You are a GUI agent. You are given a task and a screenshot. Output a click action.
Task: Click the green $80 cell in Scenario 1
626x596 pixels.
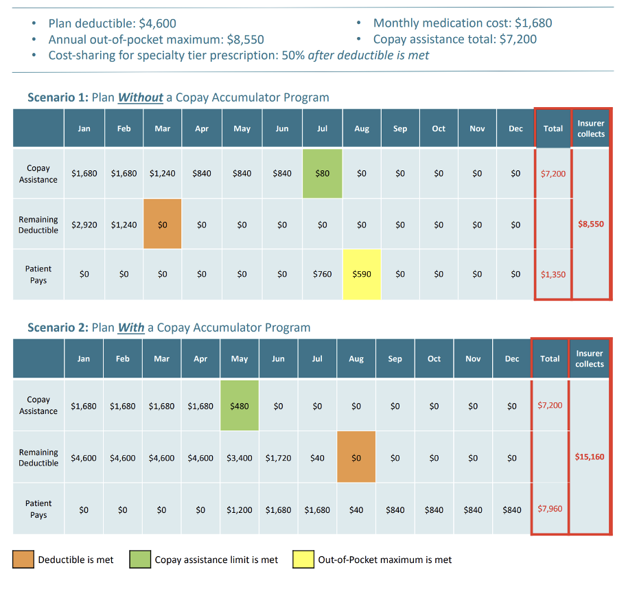pyautogui.click(x=322, y=174)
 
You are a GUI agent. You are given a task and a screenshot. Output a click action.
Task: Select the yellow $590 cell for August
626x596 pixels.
pyautogui.click(x=362, y=274)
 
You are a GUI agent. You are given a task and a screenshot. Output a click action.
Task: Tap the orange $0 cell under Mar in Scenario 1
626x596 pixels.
pyautogui.click(x=162, y=225)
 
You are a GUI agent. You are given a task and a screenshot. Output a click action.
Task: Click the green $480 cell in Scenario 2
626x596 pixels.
pyautogui.click(x=240, y=406)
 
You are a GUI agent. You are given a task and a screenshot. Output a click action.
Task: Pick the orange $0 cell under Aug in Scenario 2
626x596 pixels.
pyautogui.click(x=356, y=457)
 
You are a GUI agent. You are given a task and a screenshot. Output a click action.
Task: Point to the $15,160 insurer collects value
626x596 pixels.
pyautogui.click(x=590, y=457)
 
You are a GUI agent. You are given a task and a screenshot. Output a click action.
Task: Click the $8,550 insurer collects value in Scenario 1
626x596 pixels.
pyautogui.click(x=591, y=224)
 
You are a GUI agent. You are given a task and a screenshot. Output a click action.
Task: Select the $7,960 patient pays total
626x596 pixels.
pyautogui.click(x=550, y=509)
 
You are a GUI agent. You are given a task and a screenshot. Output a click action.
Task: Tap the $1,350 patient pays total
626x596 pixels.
pyautogui.click(x=553, y=275)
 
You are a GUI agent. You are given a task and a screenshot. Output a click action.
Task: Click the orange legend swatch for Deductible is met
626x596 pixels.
pyautogui.click(x=23, y=560)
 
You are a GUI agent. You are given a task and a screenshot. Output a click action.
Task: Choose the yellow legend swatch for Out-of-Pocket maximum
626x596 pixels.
pyautogui.click(x=303, y=560)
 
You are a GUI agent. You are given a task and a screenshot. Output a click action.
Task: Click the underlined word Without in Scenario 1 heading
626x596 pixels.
pyautogui.click(x=140, y=98)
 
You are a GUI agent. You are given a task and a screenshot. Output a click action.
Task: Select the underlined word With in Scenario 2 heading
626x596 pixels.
pyautogui.click(x=131, y=328)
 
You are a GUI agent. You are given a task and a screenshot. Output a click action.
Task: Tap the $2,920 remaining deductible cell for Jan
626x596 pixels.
pyautogui.click(x=84, y=225)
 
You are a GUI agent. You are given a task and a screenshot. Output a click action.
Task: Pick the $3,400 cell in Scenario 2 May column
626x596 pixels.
pyautogui.click(x=240, y=457)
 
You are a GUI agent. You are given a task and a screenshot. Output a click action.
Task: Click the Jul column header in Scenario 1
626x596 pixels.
pyautogui.click(x=322, y=128)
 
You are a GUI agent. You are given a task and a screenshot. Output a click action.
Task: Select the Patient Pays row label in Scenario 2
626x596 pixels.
pyautogui.click(x=38, y=509)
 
